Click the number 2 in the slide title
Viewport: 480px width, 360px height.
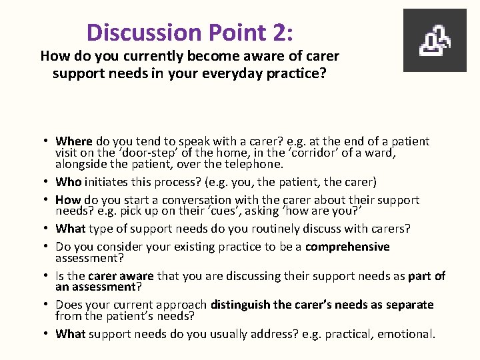pyautogui.click(x=278, y=31)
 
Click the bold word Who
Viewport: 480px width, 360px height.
pyautogui.click(x=67, y=181)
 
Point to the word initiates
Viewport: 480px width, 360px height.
pyautogui.click(x=107, y=181)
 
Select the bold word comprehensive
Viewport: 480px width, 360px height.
pyautogui.click(x=347, y=247)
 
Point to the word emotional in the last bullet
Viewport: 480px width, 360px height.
pyautogui.click(x=406, y=334)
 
